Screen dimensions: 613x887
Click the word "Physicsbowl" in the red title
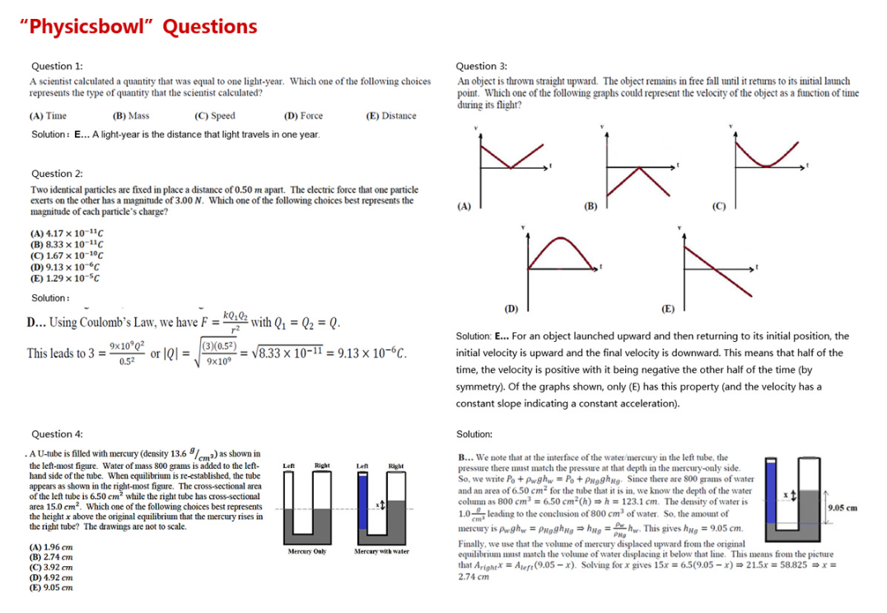coord(89,26)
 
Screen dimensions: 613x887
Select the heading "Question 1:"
coord(56,66)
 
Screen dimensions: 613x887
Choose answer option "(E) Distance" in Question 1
coord(391,116)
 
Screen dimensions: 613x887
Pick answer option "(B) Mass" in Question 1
coord(130,116)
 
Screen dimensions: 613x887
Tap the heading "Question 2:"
coord(56,174)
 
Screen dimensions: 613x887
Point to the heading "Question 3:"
coord(481,66)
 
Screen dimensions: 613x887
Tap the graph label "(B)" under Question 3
coord(590,206)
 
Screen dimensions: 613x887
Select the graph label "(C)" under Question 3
coord(717,206)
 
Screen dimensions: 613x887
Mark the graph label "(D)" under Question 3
coord(511,309)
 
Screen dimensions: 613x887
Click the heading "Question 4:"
coord(56,434)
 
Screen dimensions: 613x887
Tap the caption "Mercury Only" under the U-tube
coord(308,551)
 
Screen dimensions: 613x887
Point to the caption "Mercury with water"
coord(381,551)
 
